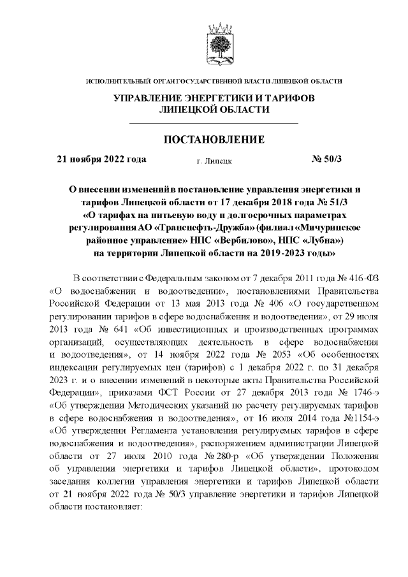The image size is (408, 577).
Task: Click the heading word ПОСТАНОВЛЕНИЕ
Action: [214, 140]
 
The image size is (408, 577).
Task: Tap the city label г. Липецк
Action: [214, 161]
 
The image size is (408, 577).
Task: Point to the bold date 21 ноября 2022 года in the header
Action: [102, 159]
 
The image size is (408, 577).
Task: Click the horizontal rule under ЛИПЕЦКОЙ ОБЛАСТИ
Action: [214, 122]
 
